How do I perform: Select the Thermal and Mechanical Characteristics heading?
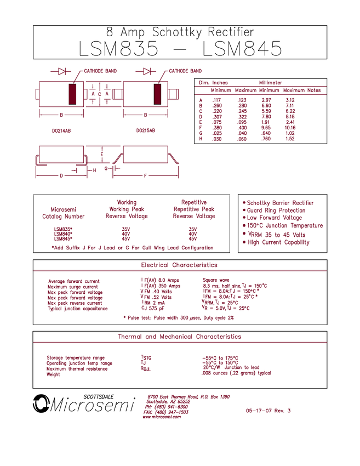coord(179,337)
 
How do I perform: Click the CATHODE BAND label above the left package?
coord(100,71)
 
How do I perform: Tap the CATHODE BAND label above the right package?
coord(186,71)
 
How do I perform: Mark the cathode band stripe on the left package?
coord(72,95)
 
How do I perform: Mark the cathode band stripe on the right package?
coord(158,95)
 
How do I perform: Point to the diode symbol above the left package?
coord(62,71)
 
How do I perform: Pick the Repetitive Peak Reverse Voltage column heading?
coord(192,209)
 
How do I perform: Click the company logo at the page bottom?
coord(164,406)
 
